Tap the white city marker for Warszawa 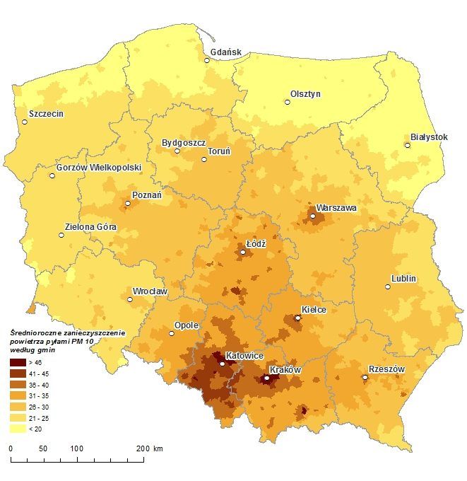(312, 216)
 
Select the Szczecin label (46, 113)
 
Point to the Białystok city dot (408, 146)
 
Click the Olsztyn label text (305, 94)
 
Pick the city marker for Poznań (128, 204)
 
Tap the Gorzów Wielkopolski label (98, 168)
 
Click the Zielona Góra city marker (61, 235)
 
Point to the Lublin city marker (388, 286)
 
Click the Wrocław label (150, 291)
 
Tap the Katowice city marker (223, 364)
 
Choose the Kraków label (285, 370)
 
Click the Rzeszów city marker (365, 378)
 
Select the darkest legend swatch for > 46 (18, 361)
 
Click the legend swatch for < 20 (18, 429)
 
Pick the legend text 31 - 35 (40, 395)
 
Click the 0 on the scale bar (10, 449)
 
